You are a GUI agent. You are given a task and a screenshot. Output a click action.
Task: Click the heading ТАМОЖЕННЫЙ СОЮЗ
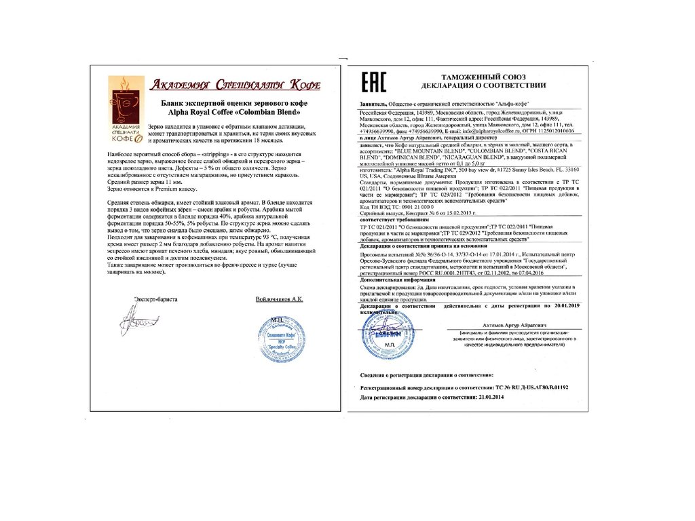[483, 76]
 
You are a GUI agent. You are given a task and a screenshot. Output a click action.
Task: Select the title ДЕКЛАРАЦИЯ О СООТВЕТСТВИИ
[483, 85]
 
